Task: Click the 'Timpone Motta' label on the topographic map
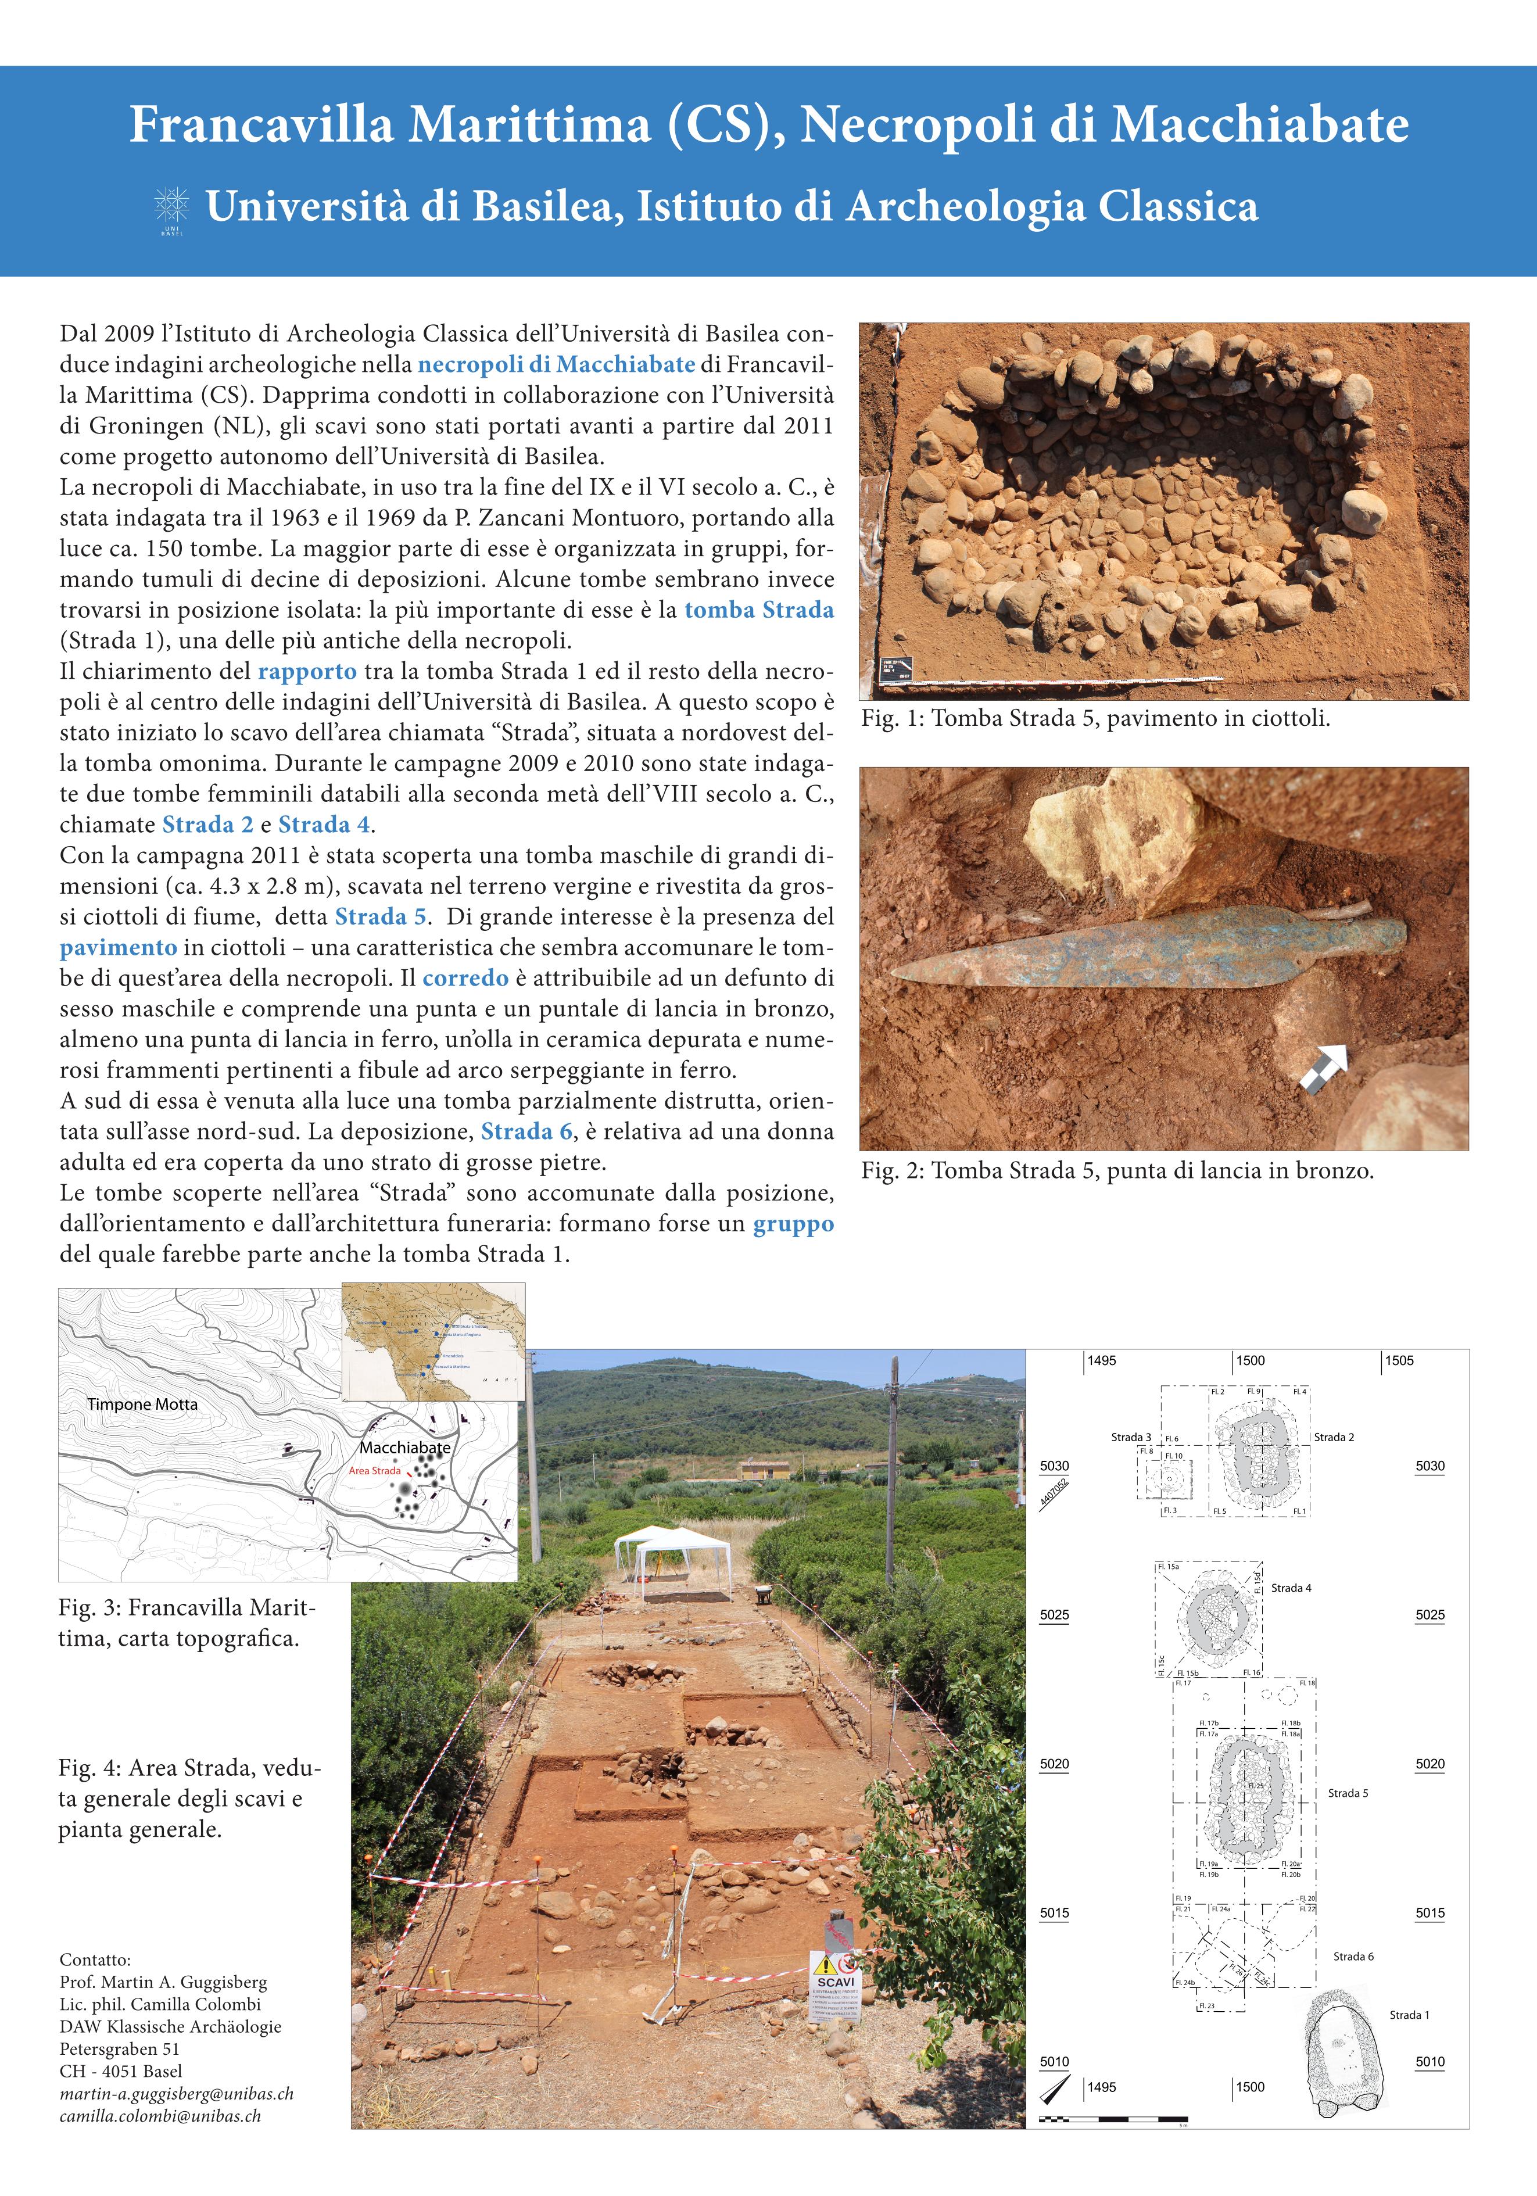tap(142, 1404)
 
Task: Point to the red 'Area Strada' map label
tap(374, 1470)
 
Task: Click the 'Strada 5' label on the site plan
tap(1348, 1792)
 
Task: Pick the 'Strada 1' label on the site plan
tap(1409, 2014)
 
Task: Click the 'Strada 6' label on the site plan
tap(1353, 1956)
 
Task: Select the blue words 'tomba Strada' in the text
tap(758, 610)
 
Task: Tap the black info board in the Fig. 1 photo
tap(896, 668)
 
